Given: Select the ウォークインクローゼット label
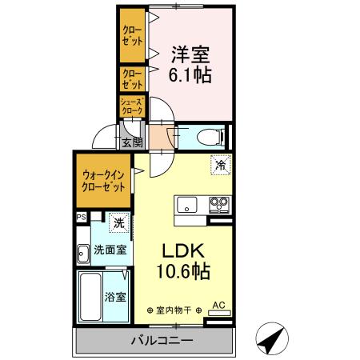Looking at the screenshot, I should (x=103, y=182).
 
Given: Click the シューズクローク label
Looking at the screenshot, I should (x=131, y=106).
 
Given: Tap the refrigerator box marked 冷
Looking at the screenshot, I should (x=219, y=166).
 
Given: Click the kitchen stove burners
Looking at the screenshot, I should (x=218, y=205).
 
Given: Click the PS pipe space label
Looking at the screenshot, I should (x=81, y=217).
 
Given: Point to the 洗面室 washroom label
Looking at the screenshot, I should (x=110, y=250).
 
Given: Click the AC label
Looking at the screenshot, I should (x=218, y=304).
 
